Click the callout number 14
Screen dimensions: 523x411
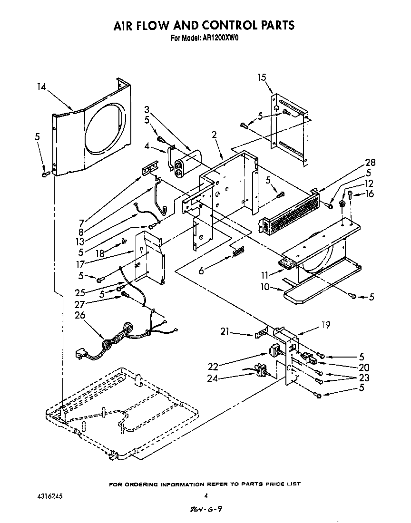(x=41, y=87)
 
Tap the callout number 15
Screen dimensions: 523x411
(x=262, y=77)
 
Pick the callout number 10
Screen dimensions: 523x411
(x=262, y=287)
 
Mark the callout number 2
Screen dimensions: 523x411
(x=215, y=135)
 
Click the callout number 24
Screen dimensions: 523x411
(x=213, y=379)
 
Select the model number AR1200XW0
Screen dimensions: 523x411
(x=221, y=39)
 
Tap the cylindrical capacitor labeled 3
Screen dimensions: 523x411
(x=187, y=165)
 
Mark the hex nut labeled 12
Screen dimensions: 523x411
(x=342, y=204)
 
